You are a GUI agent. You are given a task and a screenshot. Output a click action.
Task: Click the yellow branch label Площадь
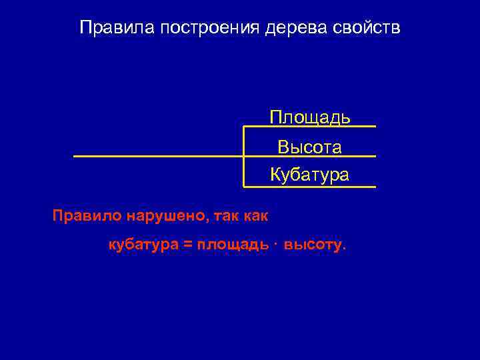pos(310,117)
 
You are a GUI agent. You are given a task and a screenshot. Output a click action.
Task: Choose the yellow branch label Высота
pos(310,147)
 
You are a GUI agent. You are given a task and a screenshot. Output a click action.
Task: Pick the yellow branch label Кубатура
pos(310,175)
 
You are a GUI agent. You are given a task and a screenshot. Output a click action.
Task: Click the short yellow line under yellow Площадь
pos(310,126)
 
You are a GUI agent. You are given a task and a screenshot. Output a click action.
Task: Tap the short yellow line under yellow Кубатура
pos(310,187)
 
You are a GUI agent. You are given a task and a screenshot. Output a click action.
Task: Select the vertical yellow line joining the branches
pos(244,157)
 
